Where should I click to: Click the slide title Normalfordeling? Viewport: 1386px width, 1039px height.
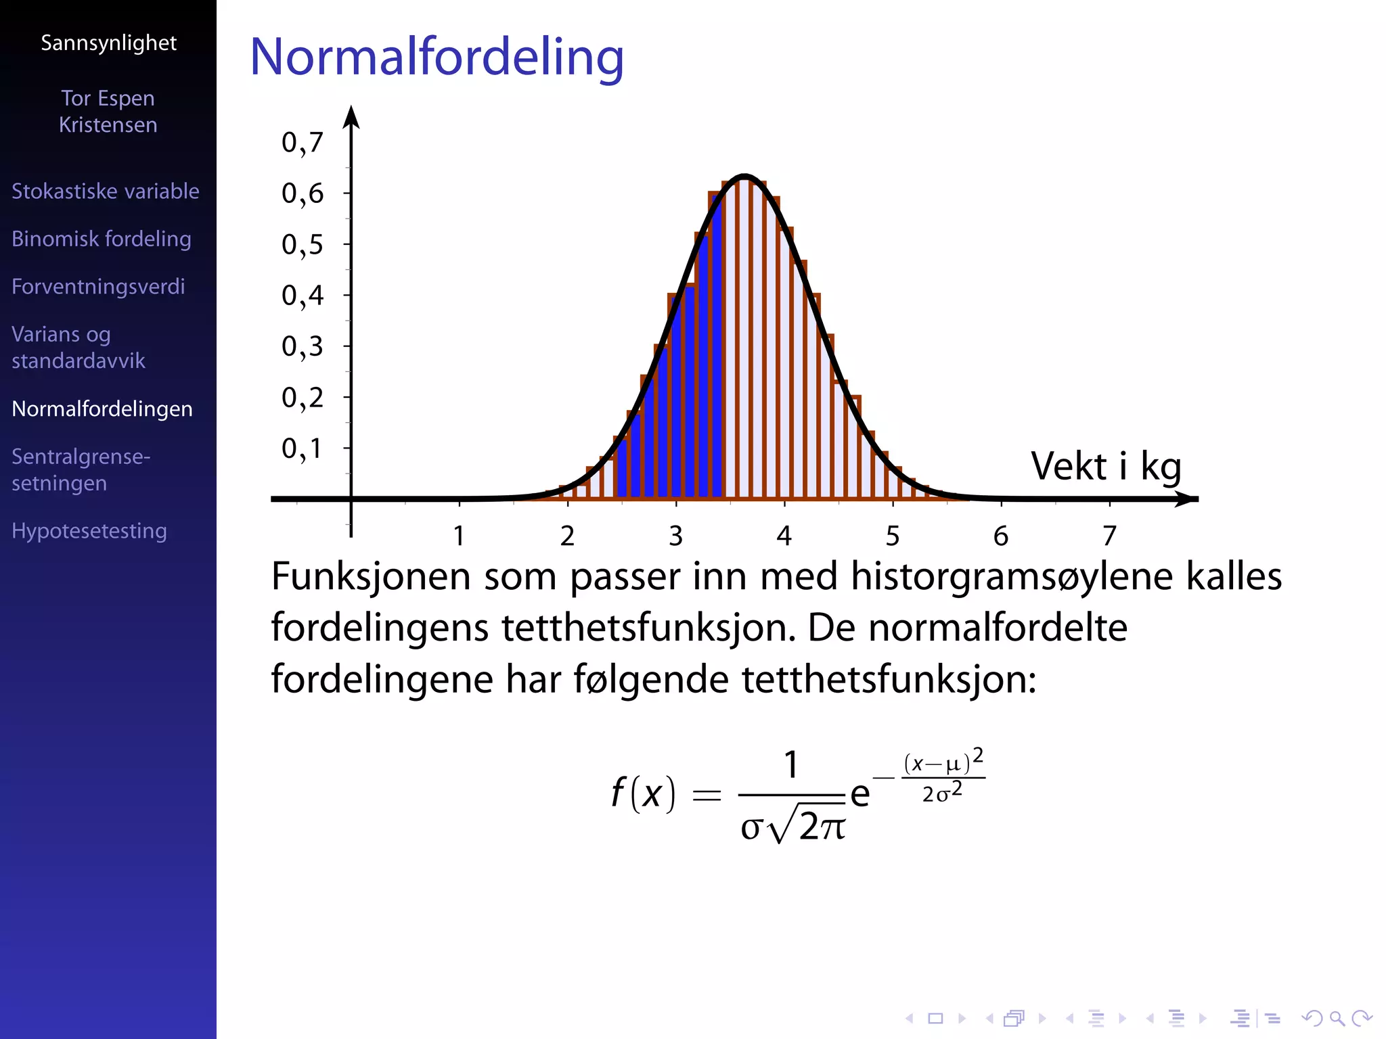(437, 57)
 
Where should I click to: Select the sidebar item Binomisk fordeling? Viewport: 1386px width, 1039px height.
(102, 239)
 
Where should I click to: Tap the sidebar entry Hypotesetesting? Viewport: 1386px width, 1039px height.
(89, 531)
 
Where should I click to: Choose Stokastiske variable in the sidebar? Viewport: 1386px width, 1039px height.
(106, 191)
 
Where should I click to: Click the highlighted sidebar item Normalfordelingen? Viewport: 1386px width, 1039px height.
(102, 409)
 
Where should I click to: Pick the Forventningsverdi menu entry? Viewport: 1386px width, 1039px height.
(98, 287)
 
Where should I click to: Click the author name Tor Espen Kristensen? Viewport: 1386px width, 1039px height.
(108, 112)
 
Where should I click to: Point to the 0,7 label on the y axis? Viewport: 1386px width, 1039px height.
(302, 143)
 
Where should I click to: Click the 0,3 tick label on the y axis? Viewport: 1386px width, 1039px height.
(302, 347)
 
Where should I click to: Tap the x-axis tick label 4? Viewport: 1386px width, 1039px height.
(784, 536)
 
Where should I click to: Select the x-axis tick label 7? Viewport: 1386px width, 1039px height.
(1109, 536)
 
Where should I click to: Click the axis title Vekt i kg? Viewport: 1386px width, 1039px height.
(1106, 466)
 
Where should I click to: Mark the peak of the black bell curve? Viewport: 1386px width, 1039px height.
(744, 177)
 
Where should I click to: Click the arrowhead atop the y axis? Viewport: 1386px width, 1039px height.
(351, 116)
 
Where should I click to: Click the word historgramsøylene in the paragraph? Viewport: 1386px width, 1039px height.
(1012, 577)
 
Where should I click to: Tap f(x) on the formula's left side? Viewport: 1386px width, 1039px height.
(643, 793)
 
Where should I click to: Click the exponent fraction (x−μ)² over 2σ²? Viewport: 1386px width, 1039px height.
(943, 777)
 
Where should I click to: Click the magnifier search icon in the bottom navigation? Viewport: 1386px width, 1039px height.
(1337, 1018)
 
